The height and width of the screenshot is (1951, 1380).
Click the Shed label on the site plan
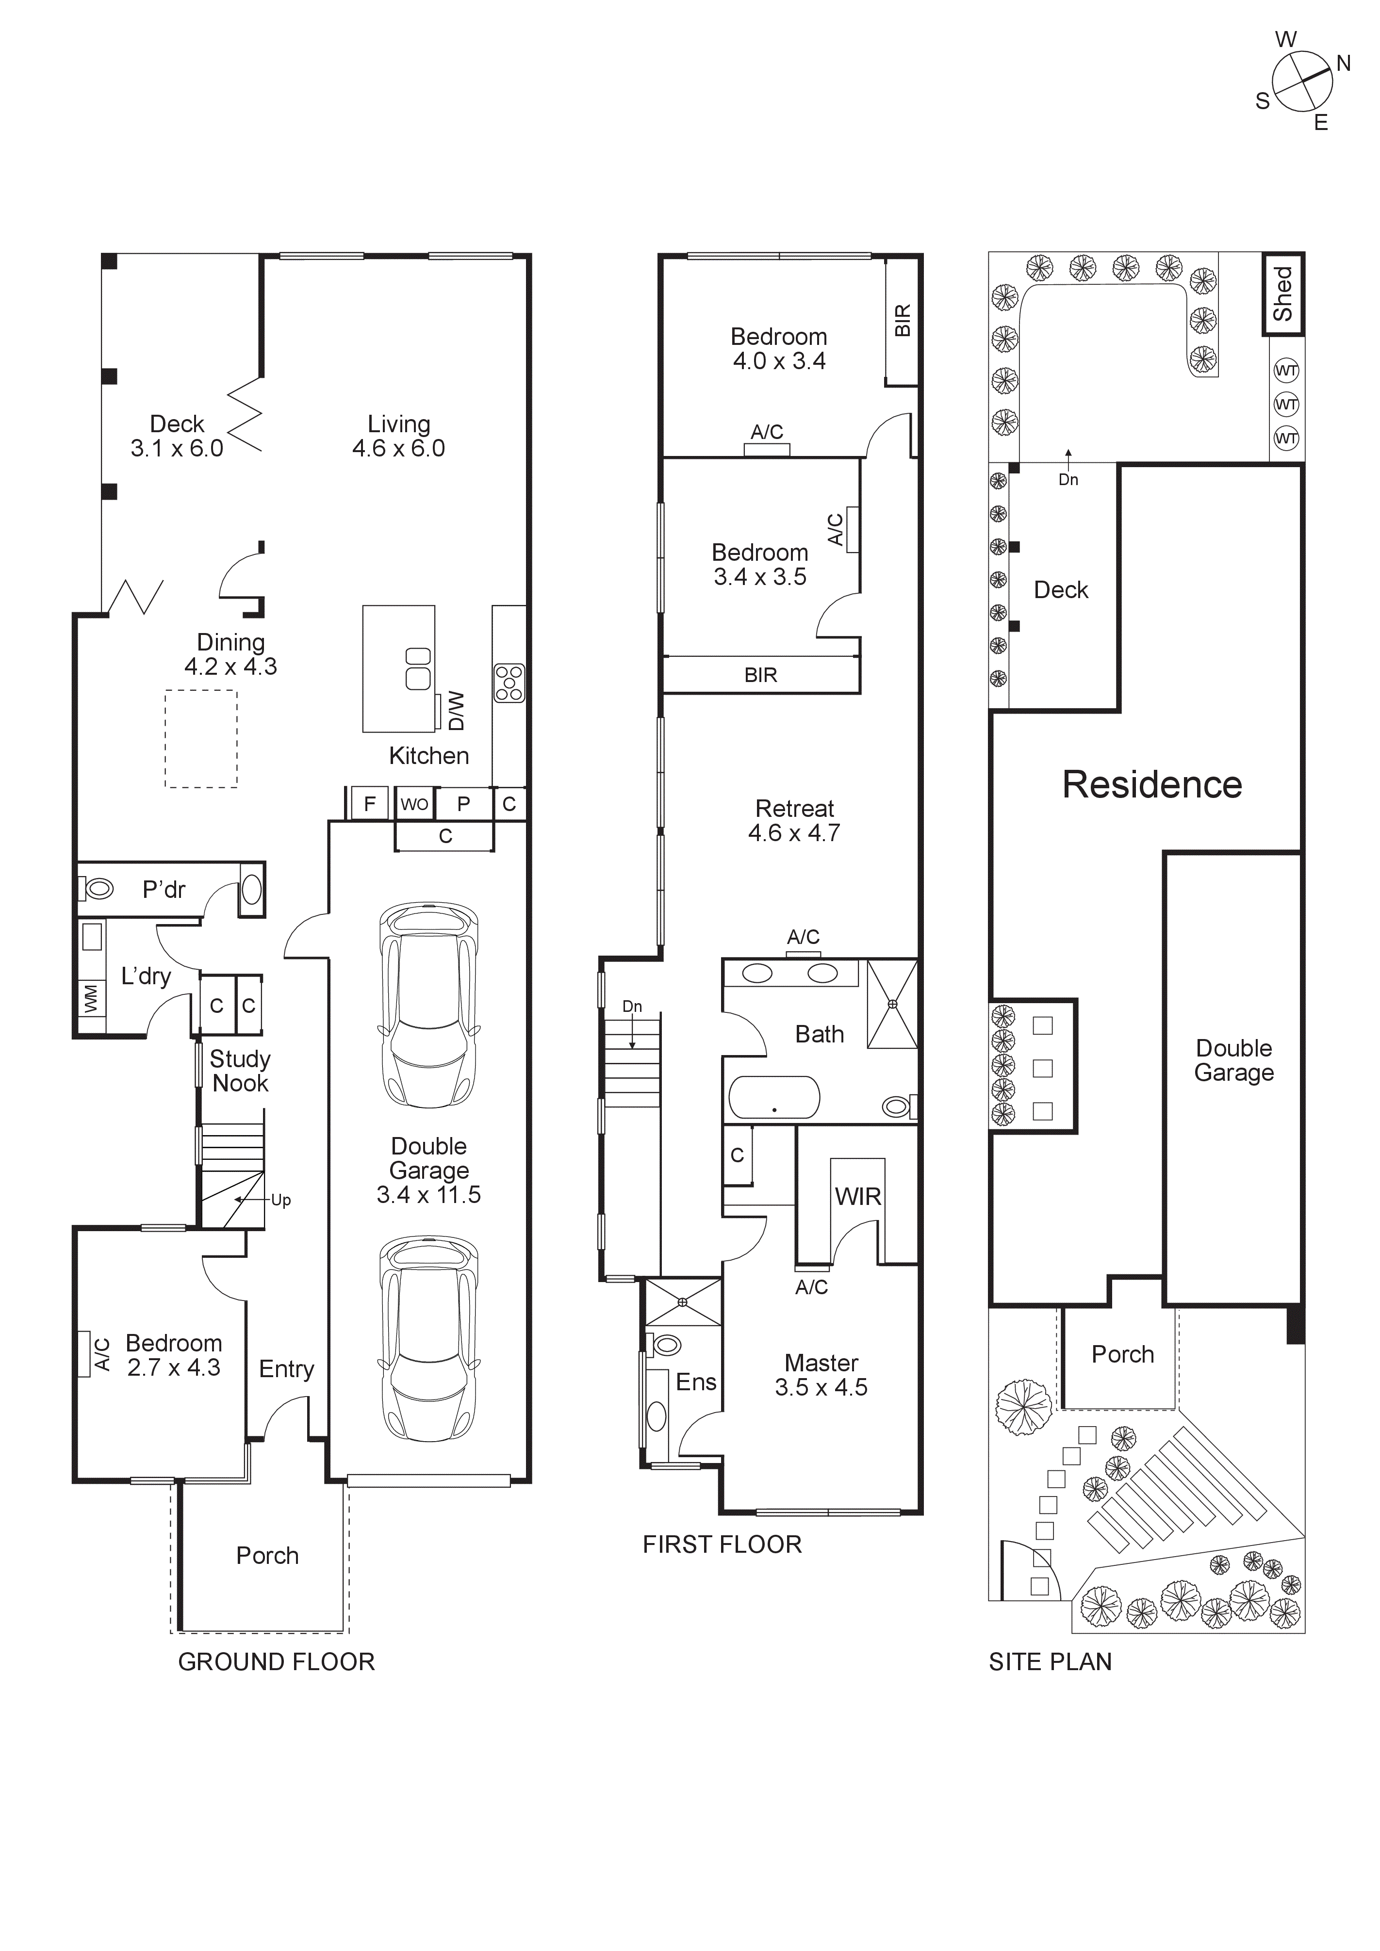click(1282, 294)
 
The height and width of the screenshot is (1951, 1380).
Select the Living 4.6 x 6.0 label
click(398, 436)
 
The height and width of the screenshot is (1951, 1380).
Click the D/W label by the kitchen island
click(456, 710)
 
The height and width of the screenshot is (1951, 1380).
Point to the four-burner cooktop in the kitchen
click(509, 683)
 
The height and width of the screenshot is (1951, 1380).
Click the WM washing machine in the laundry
click(91, 998)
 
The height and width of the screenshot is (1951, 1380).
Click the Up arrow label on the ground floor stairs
click(280, 1200)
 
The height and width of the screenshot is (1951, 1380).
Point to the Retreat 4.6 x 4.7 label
click(794, 820)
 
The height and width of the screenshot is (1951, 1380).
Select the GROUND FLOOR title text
click(276, 1661)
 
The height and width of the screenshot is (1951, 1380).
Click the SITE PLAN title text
click(1051, 1661)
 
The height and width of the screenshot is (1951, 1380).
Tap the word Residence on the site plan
click(1152, 784)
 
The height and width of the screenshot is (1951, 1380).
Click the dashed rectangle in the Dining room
click(200, 738)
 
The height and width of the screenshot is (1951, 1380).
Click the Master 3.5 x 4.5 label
click(821, 1375)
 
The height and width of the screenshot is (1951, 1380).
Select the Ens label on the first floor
click(696, 1382)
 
